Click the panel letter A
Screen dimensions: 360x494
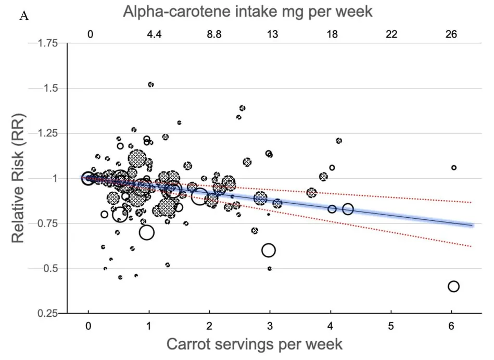click(x=24, y=16)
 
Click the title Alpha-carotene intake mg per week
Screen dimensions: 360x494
click(x=247, y=11)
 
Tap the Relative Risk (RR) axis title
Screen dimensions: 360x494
click(x=19, y=178)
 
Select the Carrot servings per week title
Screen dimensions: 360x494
click(x=254, y=344)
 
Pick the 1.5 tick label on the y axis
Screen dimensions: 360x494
click(x=50, y=89)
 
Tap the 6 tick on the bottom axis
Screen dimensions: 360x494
click(x=451, y=326)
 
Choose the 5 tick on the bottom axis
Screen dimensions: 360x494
click(x=391, y=326)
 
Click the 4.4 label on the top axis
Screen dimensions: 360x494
click(x=155, y=34)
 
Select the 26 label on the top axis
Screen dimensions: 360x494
click(x=451, y=34)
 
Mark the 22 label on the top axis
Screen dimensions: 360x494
click(x=391, y=34)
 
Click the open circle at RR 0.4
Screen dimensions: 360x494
click(x=453, y=287)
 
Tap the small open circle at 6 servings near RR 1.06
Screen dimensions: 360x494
click(x=454, y=168)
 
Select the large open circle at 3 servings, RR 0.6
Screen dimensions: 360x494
click(x=269, y=250)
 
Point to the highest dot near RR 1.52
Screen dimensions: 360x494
click(x=151, y=84)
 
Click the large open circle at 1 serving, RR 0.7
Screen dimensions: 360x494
click(x=147, y=232)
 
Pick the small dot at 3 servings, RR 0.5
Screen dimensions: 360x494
click(x=270, y=269)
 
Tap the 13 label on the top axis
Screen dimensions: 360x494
click(x=272, y=34)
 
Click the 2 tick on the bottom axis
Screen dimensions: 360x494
click(x=209, y=326)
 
